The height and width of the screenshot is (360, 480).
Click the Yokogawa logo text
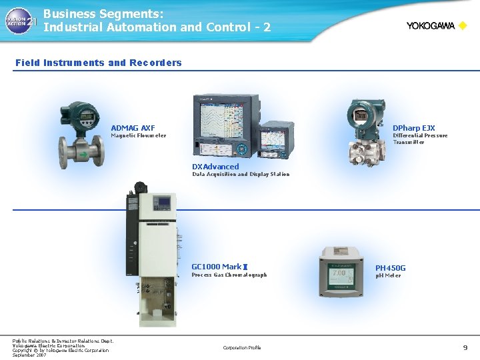(431, 26)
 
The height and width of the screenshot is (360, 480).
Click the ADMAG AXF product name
(133, 127)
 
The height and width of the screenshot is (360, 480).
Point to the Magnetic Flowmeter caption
(138, 136)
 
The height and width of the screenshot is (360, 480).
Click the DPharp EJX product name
(413, 127)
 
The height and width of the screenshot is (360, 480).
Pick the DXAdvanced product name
(215, 166)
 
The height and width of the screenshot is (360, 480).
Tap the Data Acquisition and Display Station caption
(241, 174)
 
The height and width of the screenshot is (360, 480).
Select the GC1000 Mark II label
(219, 267)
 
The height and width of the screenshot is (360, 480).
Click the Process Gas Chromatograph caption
(229, 275)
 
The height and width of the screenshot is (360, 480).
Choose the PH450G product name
(390, 268)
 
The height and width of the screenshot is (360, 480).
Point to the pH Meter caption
(388, 275)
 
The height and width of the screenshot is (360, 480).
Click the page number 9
(465, 347)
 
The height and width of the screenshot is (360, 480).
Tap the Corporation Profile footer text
(242, 347)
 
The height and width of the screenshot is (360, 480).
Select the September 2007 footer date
(29, 355)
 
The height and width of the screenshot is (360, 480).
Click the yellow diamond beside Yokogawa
(463, 26)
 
